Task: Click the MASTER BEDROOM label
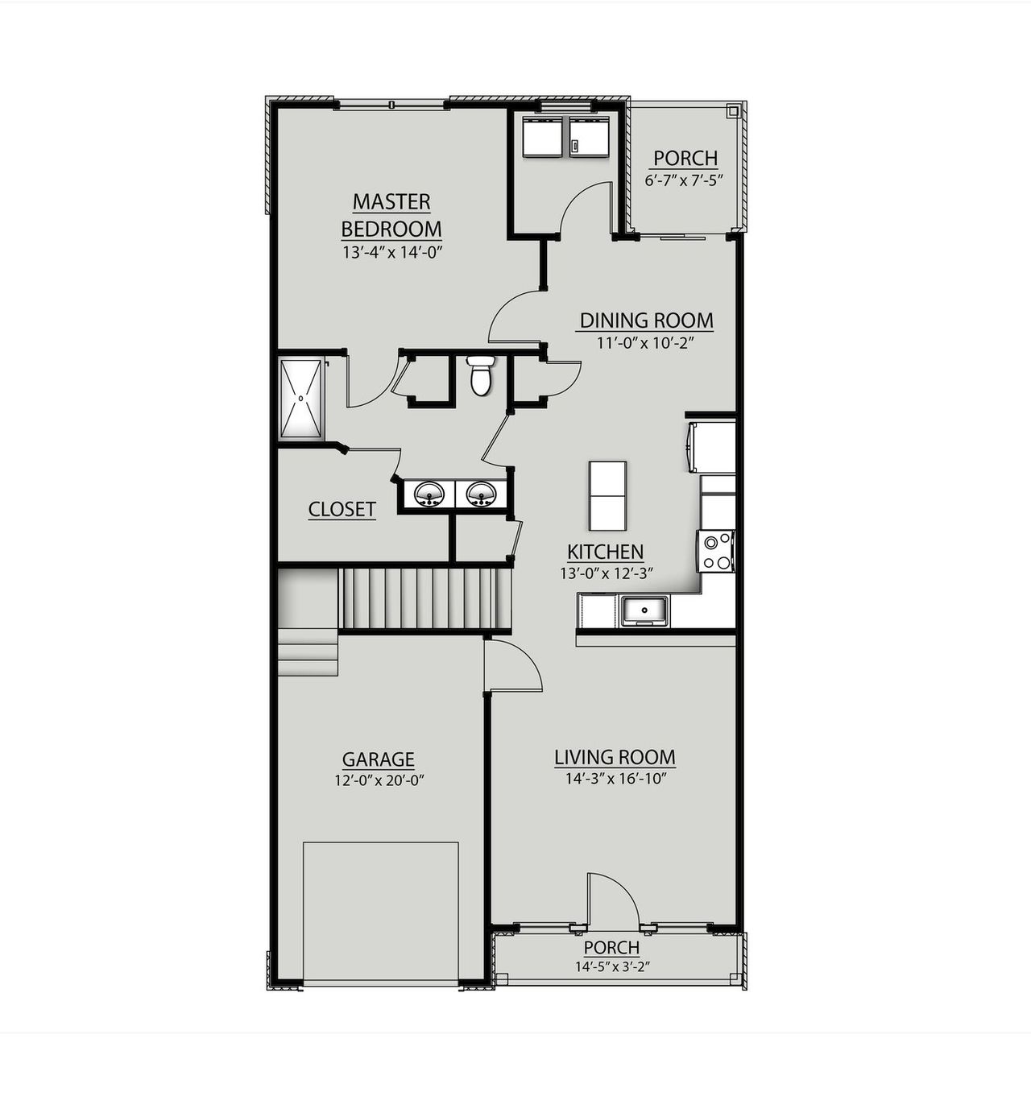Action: pyautogui.click(x=391, y=215)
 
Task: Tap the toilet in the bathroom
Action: pyautogui.click(x=481, y=376)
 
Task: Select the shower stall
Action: pyautogui.click(x=301, y=399)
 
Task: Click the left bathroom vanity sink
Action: pyautogui.click(x=429, y=494)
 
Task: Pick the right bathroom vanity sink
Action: pyautogui.click(x=481, y=494)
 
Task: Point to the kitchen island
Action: pyautogui.click(x=607, y=495)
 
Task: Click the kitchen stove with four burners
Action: pyautogui.click(x=716, y=551)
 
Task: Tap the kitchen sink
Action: pyautogui.click(x=644, y=611)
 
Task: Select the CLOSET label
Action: pyautogui.click(x=342, y=509)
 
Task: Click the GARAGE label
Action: pyautogui.click(x=379, y=759)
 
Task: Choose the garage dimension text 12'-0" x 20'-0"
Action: pyautogui.click(x=379, y=780)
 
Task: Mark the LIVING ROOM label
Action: pyautogui.click(x=615, y=757)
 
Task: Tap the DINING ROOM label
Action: pyautogui.click(x=647, y=321)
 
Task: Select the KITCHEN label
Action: pyautogui.click(x=606, y=552)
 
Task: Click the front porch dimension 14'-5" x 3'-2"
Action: pyautogui.click(x=612, y=967)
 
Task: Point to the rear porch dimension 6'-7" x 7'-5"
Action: pyautogui.click(x=685, y=180)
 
